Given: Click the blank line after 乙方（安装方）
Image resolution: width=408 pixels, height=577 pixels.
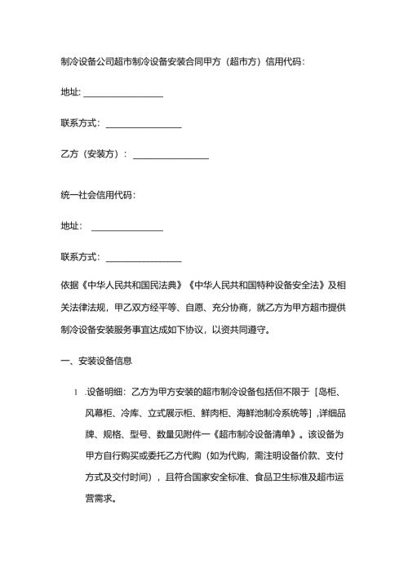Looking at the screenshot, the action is pyautogui.click(x=171, y=154).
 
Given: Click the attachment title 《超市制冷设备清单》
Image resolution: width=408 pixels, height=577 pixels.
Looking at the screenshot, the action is pyautogui.click(x=252, y=431).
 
